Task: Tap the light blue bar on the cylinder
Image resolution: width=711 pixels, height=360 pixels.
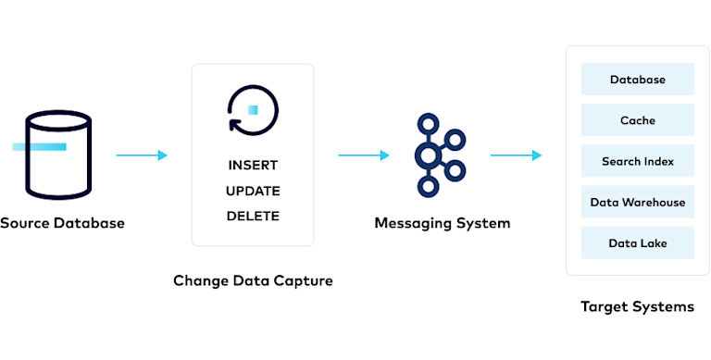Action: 38,146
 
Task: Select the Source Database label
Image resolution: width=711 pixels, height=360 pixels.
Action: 61,223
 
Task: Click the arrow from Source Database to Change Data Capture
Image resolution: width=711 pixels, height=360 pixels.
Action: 142,155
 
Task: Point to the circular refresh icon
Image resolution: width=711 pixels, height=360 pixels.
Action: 252,109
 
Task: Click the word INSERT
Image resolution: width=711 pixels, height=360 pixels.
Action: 253,165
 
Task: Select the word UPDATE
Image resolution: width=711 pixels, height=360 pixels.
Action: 253,191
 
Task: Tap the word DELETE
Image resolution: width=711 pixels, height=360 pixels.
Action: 253,217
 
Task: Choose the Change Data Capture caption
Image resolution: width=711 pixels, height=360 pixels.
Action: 253,280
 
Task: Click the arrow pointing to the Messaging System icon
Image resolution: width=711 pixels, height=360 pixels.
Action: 364,155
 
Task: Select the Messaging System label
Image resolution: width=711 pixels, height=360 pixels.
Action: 442,223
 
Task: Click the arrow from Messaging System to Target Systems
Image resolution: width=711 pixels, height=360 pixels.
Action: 516,155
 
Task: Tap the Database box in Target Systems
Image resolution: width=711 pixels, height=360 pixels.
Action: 637,80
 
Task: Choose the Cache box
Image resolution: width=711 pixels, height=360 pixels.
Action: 637,120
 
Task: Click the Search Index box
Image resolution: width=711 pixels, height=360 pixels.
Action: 637,161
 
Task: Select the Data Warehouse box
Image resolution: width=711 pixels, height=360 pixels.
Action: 637,202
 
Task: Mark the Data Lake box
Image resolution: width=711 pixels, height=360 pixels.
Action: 637,242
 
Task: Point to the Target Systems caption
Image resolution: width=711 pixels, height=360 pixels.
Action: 637,306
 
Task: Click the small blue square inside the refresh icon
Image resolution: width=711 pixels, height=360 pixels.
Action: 253,110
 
